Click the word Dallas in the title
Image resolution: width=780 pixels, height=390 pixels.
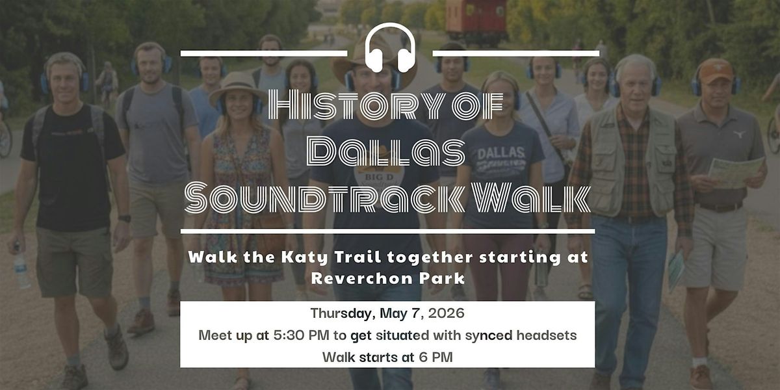(387, 152)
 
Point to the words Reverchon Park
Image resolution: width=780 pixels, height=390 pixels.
(388, 278)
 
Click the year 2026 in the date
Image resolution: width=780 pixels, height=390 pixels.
(446, 313)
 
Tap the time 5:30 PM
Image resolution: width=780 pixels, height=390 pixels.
(301, 335)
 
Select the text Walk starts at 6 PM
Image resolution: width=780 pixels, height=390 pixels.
(387, 357)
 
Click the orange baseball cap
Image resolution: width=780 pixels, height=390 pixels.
(715, 70)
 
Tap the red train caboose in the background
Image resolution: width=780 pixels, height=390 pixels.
(476, 21)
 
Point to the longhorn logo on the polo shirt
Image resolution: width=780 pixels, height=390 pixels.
(740, 134)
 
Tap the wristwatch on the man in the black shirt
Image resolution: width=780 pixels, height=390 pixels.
(124, 218)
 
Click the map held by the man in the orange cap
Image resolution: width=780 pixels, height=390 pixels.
(737, 172)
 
